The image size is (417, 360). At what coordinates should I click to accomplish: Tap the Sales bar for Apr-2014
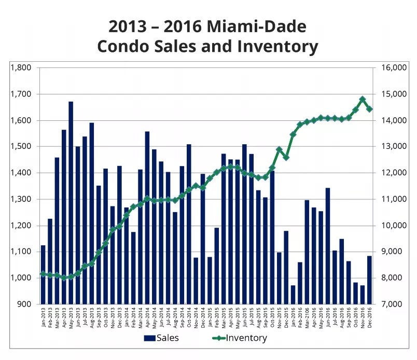[x=147, y=218]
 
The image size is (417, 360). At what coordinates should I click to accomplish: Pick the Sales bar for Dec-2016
[x=369, y=280]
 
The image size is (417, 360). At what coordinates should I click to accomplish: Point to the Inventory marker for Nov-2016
[x=363, y=99]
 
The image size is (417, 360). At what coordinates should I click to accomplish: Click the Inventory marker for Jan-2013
[x=43, y=273]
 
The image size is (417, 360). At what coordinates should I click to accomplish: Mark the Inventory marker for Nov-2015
[x=279, y=149]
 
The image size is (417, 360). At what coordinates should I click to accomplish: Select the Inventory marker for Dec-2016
[x=369, y=109]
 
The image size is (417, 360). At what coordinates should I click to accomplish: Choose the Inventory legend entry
[x=243, y=339]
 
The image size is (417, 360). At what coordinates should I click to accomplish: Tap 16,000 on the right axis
[x=393, y=67]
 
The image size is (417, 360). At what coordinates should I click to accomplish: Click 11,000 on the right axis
[x=393, y=199]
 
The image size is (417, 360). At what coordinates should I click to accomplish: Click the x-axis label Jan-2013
[x=44, y=317]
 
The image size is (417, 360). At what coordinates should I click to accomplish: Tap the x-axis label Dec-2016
[x=369, y=317]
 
